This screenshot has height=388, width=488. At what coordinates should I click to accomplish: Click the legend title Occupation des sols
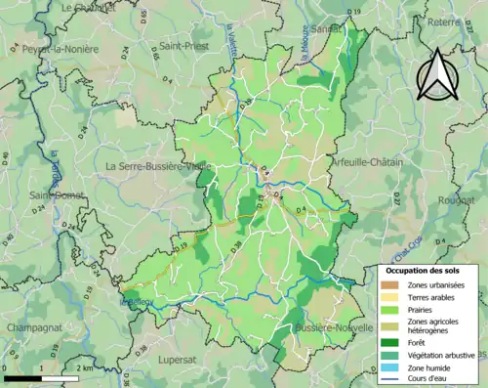pyautogui.click(x=423, y=269)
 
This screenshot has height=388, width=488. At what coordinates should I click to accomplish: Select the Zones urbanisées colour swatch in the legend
pyautogui.click(x=387, y=283)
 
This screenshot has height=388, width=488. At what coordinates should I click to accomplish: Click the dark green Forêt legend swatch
pyautogui.click(x=387, y=342)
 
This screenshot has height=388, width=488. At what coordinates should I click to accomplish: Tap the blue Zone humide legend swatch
pyautogui.click(x=387, y=366)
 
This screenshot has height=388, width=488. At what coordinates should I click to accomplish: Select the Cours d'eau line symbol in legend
pyautogui.click(x=387, y=378)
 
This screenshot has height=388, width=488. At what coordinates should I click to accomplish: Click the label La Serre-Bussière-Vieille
pyautogui.click(x=158, y=166)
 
